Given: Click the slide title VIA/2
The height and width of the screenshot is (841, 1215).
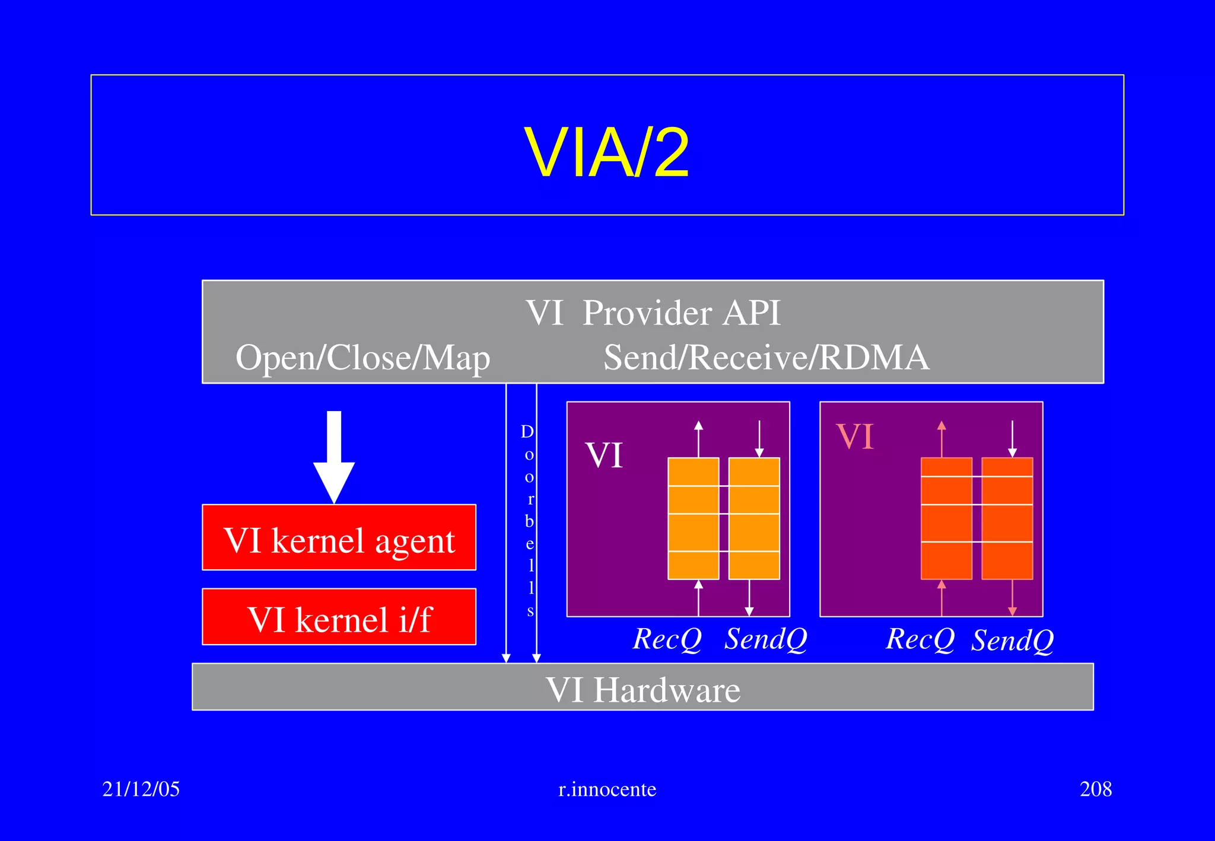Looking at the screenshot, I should pyautogui.click(x=606, y=152).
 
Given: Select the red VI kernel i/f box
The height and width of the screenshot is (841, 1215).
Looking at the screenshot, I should pyautogui.click(x=339, y=618).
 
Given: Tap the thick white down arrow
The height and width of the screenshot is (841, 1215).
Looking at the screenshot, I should pyautogui.click(x=334, y=457).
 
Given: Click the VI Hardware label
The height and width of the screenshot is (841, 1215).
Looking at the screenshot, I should pyautogui.click(x=643, y=689).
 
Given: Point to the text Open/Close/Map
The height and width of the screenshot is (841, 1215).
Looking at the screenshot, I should pyautogui.click(x=362, y=358).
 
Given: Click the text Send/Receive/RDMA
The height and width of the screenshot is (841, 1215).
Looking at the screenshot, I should pyautogui.click(x=766, y=358).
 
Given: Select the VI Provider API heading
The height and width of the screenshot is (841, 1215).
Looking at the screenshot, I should pyautogui.click(x=653, y=313).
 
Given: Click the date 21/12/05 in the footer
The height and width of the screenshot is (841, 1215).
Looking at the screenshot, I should pyautogui.click(x=141, y=789).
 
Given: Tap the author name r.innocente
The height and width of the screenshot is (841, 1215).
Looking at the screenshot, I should pyautogui.click(x=607, y=789).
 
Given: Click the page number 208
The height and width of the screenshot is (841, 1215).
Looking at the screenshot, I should pyautogui.click(x=1095, y=789).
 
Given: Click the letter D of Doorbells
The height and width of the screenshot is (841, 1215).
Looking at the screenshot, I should pyautogui.click(x=527, y=432).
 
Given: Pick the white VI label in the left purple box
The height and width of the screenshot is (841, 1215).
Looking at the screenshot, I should pyautogui.click(x=604, y=455).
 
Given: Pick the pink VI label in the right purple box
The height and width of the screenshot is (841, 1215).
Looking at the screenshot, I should pyautogui.click(x=855, y=437).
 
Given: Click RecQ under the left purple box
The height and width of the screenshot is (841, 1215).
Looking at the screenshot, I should pyautogui.click(x=667, y=639).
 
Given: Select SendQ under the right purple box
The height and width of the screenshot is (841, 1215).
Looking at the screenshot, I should pyautogui.click(x=1012, y=640).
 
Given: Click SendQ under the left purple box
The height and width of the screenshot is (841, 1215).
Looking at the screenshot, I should pyautogui.click(x=765, y=639).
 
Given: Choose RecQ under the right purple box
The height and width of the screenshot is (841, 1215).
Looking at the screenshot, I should pyautogui.click(x=920, y=639).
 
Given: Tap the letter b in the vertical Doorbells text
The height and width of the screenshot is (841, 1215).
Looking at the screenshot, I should pyautogui.click(x=529, y=521).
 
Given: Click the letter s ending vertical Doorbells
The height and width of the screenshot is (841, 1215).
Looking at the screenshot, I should pyautogui.click(x=530, y=610).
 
